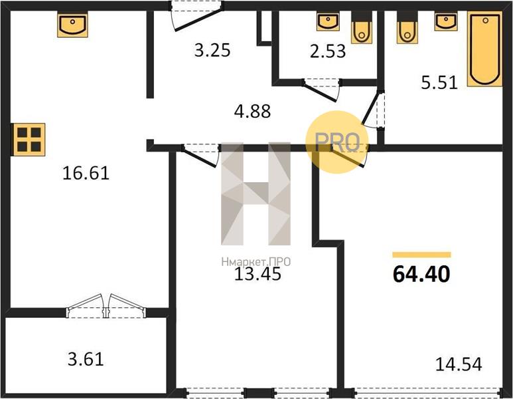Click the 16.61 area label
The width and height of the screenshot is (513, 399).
[x=86, y=173]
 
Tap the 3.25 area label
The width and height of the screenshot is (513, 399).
[x=212, y=51]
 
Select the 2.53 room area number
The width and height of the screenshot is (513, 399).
[x=328, y=51]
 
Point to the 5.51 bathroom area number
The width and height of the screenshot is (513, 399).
[x=439, y=82]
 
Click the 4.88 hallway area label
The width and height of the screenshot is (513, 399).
[x=253, y=111]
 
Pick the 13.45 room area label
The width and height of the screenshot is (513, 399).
[x=257, y=274]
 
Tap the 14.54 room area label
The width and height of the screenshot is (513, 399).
[x=459, y=364]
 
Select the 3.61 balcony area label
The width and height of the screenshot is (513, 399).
[x=86, y=359]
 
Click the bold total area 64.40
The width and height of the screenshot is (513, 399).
[x=421, y=274]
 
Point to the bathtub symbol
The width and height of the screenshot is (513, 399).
[x=485, y=49]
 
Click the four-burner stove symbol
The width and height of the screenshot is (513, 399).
[x=29, y=140]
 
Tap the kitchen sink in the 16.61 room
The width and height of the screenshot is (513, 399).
[x=72, y=25]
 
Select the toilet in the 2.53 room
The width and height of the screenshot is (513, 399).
[x=362, y=27]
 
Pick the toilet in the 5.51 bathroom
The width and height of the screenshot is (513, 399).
[x=407, y=27]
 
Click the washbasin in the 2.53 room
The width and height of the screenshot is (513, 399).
[x=327, y=22]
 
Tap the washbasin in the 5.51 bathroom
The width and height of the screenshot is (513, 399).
[x=446, y=22]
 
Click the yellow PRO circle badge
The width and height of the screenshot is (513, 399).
[x=337, y=142]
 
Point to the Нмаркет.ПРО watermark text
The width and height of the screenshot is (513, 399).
[x=256, y=262]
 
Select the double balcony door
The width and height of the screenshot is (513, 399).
[x=106, y=306]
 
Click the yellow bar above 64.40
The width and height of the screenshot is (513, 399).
[x=421, y=255]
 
